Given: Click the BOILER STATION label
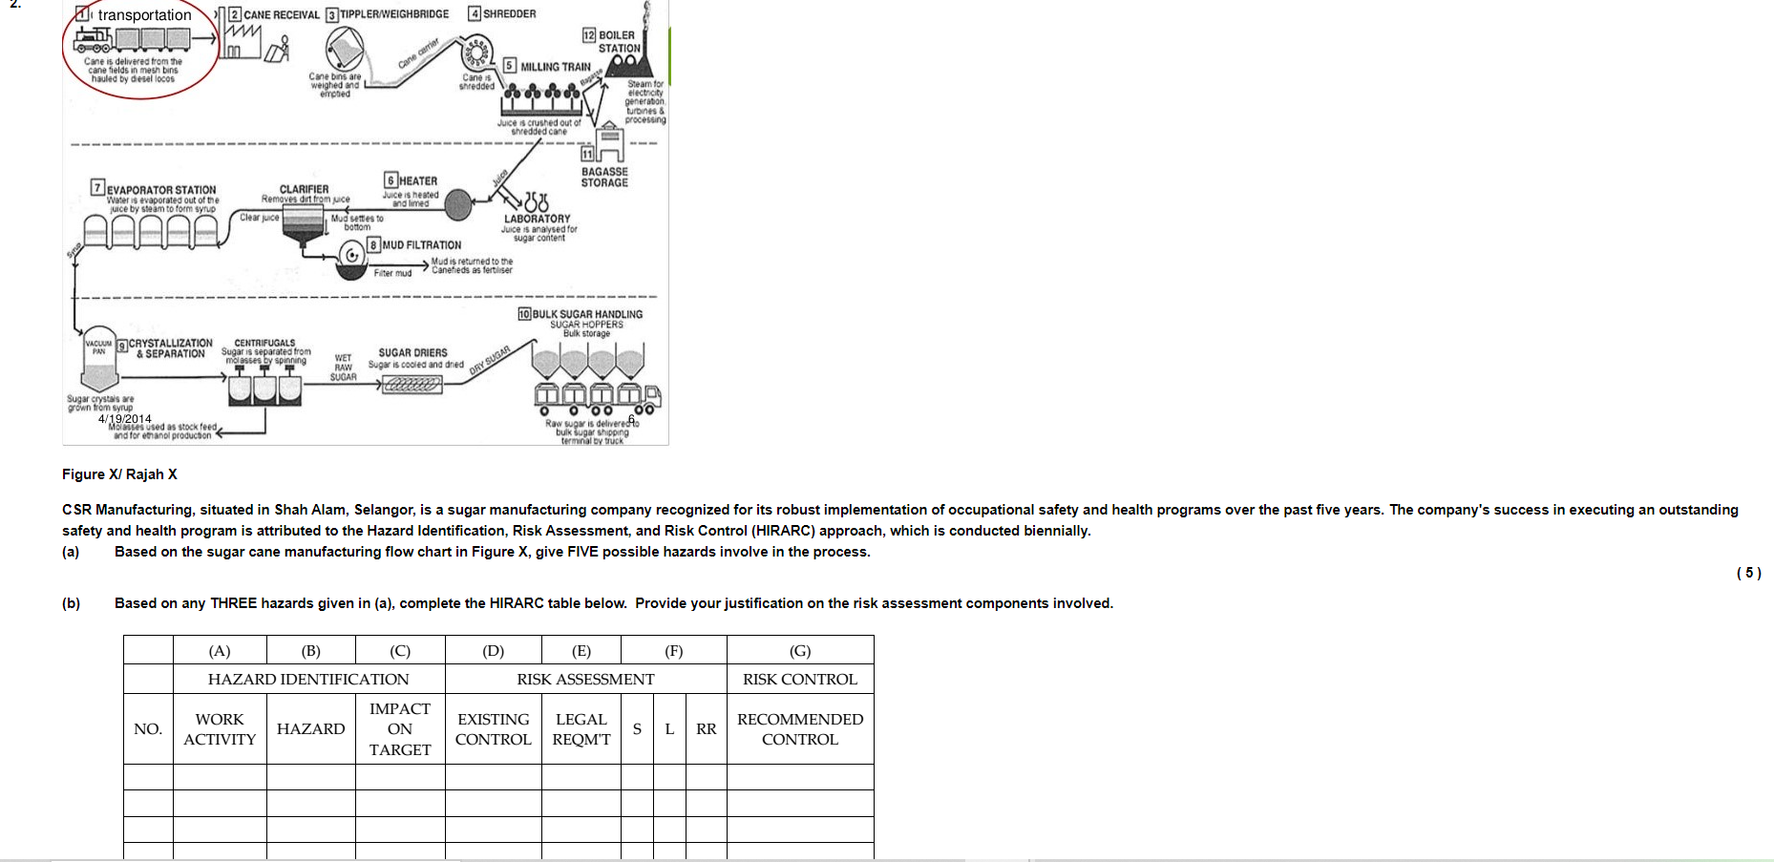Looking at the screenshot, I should [618, 42].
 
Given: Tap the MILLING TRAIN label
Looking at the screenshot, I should [555, 67].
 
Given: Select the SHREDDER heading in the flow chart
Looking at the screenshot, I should [509, 14].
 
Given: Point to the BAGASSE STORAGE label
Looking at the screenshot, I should [604, 178].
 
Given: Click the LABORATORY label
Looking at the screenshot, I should [538, 219].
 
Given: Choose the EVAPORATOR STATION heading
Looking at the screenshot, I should [160, 190].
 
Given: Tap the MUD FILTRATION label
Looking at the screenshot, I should [421, 245].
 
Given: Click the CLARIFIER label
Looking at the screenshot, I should [304, 189].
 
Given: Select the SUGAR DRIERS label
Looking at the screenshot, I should [412, 352].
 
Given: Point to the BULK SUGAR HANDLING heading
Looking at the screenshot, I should [586, 314].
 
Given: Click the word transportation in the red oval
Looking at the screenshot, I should [144, 15].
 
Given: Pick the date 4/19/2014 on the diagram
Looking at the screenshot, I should [124, 419].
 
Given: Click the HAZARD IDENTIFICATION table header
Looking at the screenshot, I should [308, 679].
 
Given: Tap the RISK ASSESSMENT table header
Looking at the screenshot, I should [585, 679].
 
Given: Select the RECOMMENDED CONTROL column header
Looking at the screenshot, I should [799, 729].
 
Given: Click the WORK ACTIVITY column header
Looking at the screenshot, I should [220, 729].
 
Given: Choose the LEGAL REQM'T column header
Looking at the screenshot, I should [581, 729].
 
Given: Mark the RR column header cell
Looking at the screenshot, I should [706, 729].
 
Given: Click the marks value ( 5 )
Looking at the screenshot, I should [1748, 573].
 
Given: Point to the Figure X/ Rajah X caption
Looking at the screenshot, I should [119, 474].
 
